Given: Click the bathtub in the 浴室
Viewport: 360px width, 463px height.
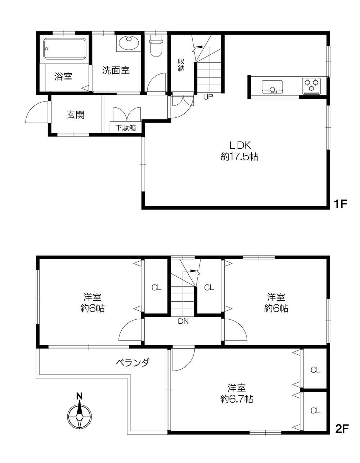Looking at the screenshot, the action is (x=65, y=49).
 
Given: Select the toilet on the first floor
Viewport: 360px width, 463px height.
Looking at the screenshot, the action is (x=156, y=46).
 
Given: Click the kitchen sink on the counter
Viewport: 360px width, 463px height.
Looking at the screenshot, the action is (x=272, y=87).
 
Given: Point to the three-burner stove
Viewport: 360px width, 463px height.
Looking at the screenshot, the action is (x=311, y=86).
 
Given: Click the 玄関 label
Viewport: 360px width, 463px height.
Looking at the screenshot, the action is (x=76, y=115).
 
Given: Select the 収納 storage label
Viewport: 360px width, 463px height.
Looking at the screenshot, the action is (x=181, y=65).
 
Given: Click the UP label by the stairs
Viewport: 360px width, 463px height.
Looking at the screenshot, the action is (x=208, y=97).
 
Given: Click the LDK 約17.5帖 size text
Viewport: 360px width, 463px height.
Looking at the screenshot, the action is (x=239, y=151).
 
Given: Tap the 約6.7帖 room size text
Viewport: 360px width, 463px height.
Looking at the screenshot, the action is (x=237, y=399).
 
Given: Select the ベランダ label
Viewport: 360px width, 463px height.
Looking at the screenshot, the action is (x=132, y=362).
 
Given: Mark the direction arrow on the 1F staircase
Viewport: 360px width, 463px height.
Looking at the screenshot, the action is (x=199, y=47).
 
